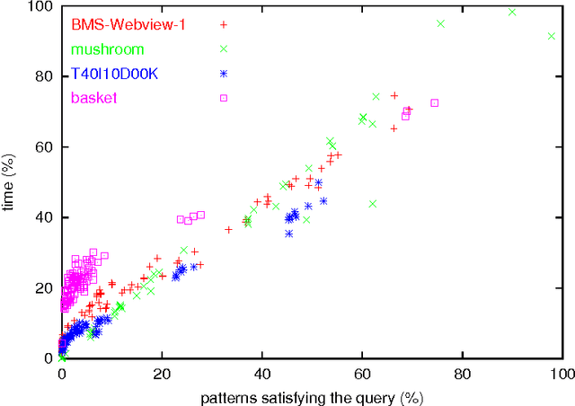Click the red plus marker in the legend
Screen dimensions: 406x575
point(224,26)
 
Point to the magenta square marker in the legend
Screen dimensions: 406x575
point(224,98)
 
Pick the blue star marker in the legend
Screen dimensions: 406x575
point(224,74)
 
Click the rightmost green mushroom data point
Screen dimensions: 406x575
point(552,36)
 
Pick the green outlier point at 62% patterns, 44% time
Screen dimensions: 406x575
point(372,204)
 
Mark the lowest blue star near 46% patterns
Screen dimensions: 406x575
point(289,234)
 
